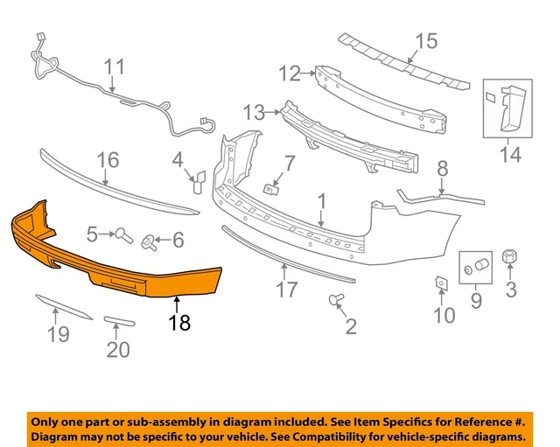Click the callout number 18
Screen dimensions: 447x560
point(178,322)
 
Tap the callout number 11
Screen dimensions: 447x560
point(115,66)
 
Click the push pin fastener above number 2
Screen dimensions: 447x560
point(335,301)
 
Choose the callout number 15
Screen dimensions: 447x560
point(425,40)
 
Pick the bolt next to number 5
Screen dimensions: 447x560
point(123,234)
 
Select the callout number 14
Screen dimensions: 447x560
point(510,155)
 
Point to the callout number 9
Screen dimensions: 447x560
point(477,302)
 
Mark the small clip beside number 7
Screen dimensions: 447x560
point(272,186)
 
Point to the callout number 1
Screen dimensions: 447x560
point(322,202)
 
